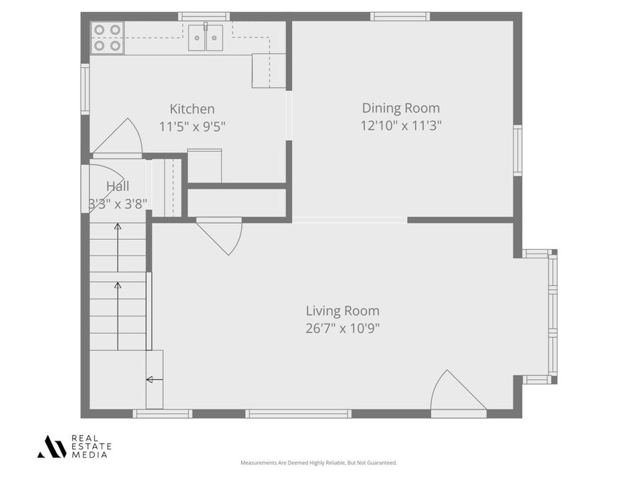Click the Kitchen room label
click(191, 109)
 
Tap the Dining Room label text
click(401, 108)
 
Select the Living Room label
click(342, 311)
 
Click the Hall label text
click(118, 186)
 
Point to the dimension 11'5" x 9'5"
click(192, 127)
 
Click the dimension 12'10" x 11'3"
click(401, 126)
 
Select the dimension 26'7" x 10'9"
click(342, 329)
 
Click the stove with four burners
click(107, 38)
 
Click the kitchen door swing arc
click(121, 138)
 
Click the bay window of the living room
click(552, 316)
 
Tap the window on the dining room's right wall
click(517, 150)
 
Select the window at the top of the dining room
click(400, 16)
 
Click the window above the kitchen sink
click(203, 16)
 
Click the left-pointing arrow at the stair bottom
click(150, 380)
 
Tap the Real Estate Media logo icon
click(52, 446)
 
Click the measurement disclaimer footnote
click(318, 463)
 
